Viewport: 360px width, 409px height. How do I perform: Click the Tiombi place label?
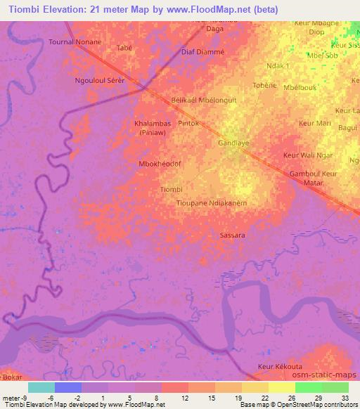pyautogui.click(x=171, y=189)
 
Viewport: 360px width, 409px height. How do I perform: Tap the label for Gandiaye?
pyautogui.click(x=234, y=143)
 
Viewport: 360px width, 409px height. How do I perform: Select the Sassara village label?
pyautogui.click(x=232, y=235)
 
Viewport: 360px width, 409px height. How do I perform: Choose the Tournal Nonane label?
pyautogui.click(x=75, y=42)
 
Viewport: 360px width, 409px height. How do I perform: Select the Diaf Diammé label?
pyautogui.click(x=202, y=51)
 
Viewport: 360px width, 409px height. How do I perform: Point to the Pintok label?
pyautogui.click(x=189, y=124)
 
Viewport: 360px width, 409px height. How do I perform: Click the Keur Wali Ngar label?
pyautogui.click(x=307, y=155)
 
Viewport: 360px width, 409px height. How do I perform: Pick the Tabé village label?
pyautogui.click(x=125, y=48)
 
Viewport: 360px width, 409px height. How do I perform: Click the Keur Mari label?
pyautogui.click(x=314, y=124)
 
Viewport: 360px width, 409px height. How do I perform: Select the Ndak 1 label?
pyautogui.click(x=278, y=66)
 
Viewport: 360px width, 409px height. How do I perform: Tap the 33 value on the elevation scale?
pyautogui.click(x=345, y=397)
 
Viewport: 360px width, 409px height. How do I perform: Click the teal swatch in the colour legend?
pyautogui.click(x=41, y=387)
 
